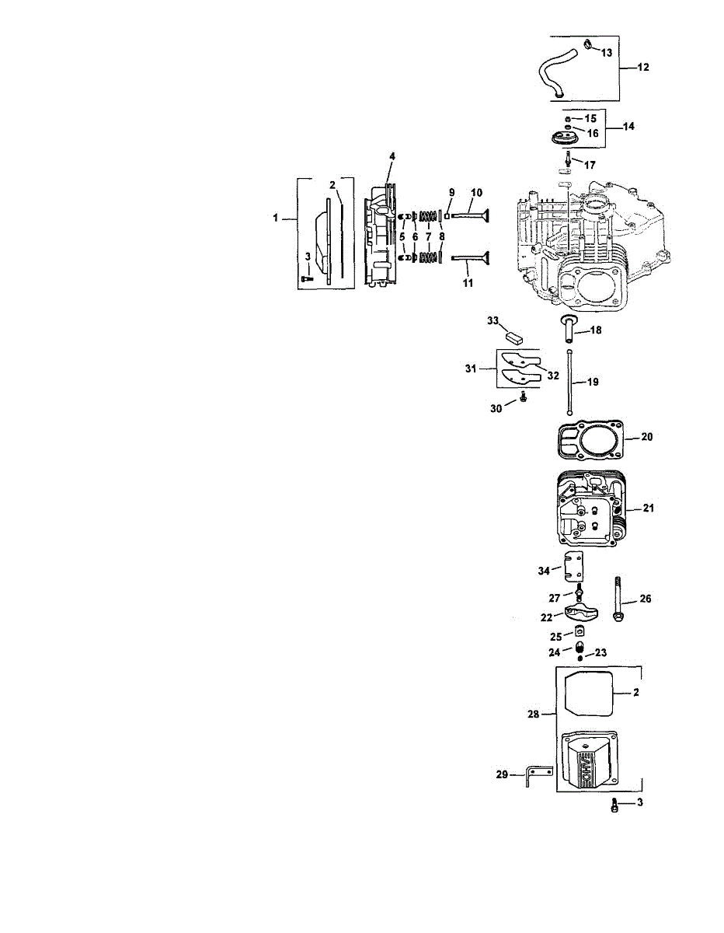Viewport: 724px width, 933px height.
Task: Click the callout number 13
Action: pyautogui.click(x=607, y=52)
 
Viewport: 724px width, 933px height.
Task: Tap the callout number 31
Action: pyautogui.click(x=482, y=369)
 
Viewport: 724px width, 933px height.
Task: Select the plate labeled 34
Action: pyautogui.click(x=573, y=566)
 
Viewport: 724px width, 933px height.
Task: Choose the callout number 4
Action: pyautogui.click(x=392, y=156)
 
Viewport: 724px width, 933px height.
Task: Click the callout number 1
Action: pyautogui.click(x=276, y=220)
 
